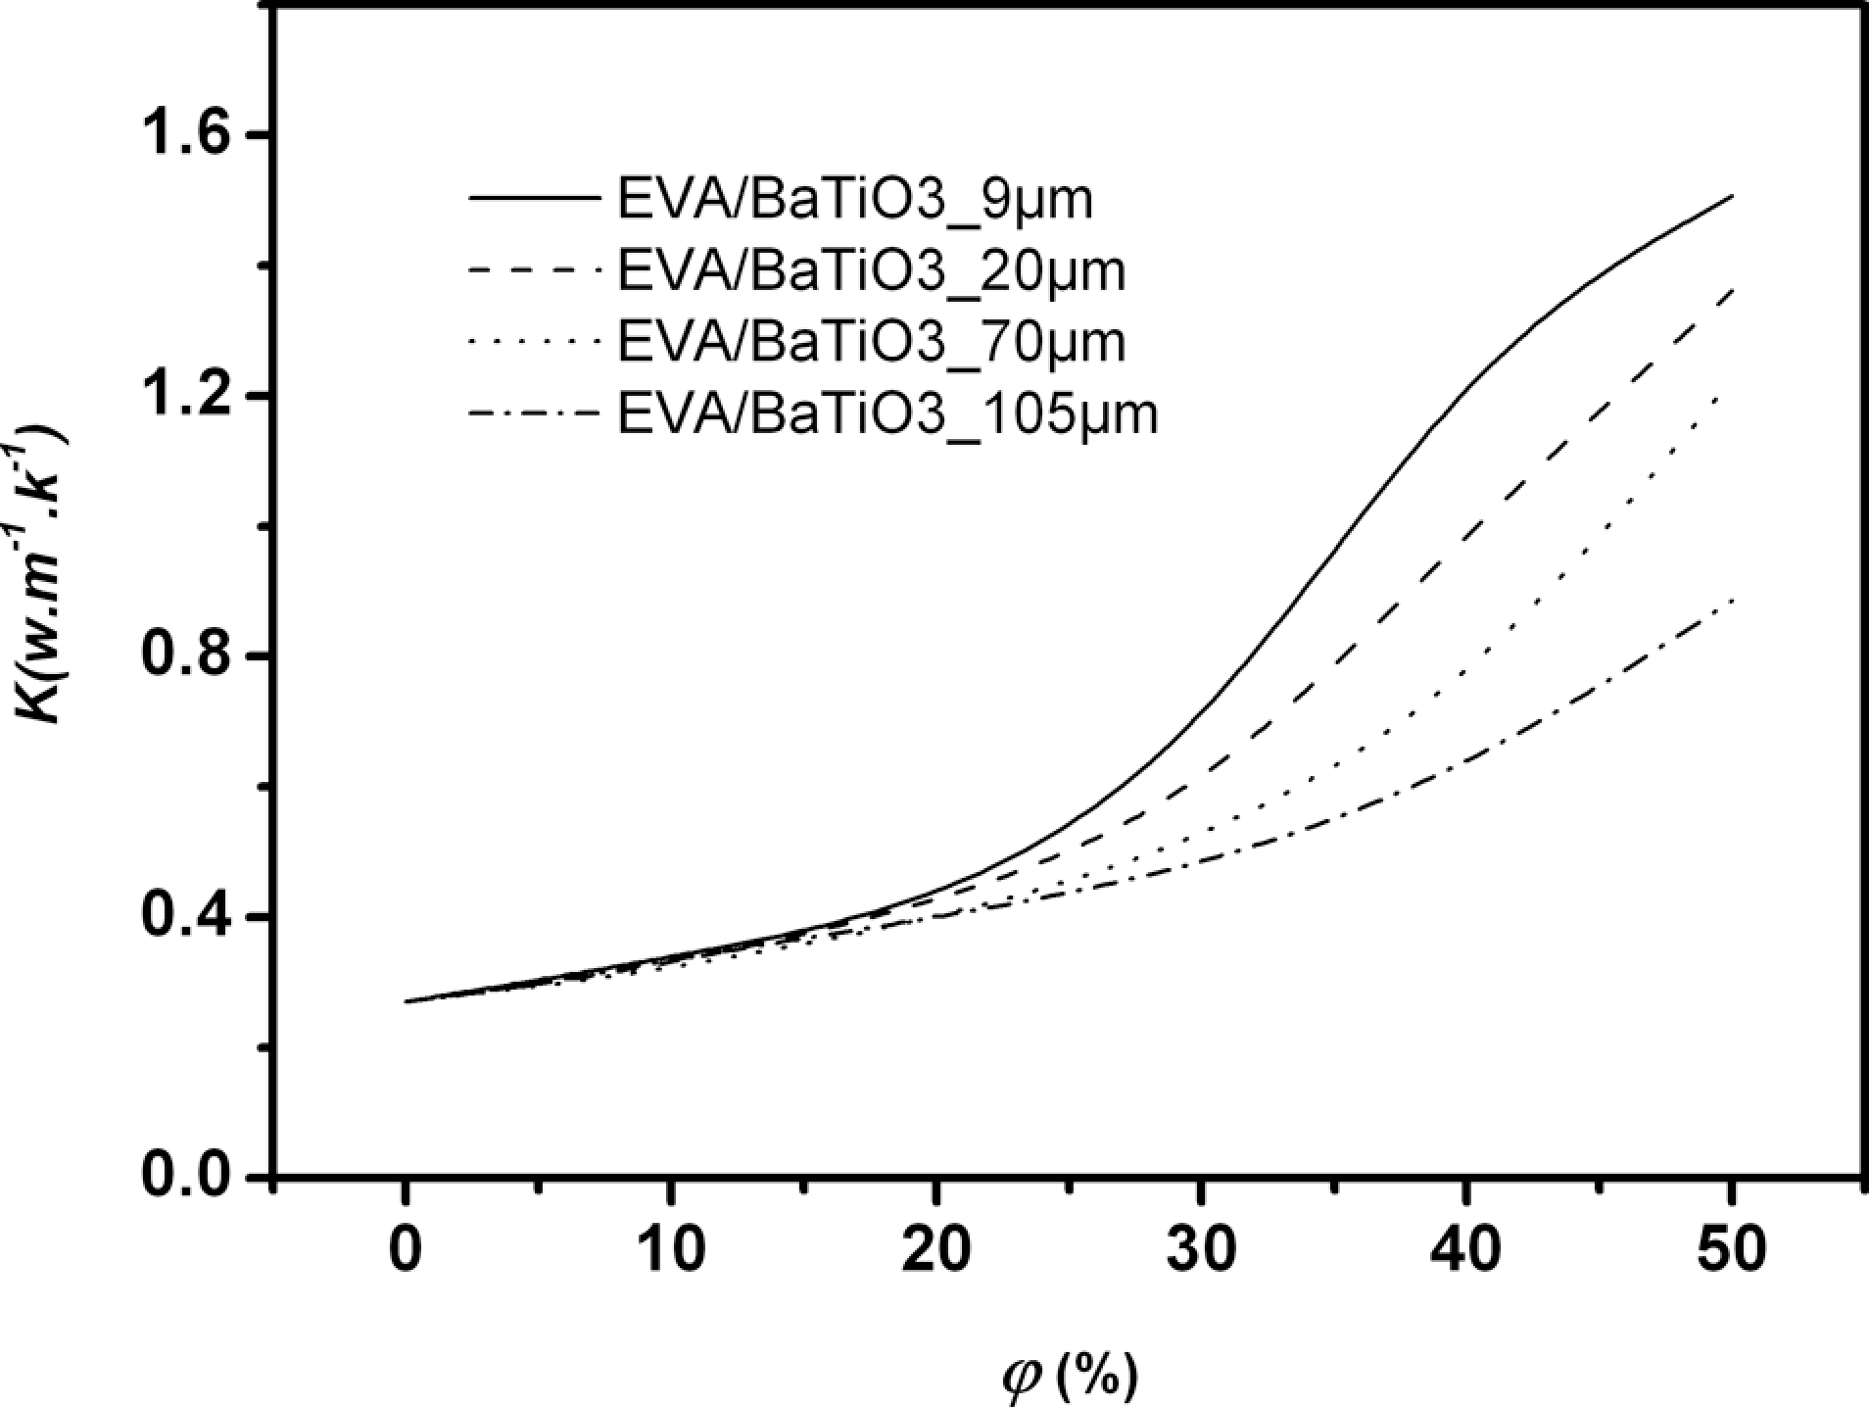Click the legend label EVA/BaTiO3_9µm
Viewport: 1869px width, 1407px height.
(x=854, y=200)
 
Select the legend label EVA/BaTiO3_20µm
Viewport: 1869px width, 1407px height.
(x=871, y=271)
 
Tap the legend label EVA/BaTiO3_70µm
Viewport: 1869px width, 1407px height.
(x=871, y=342)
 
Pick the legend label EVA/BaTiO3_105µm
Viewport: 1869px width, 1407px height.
(x=887, y=413)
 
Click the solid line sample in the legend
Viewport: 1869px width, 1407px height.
(x=534, y=199)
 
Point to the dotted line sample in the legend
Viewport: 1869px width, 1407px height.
(x=534, y=342)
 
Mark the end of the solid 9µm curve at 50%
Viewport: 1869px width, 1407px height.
(x=1732, y=196)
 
